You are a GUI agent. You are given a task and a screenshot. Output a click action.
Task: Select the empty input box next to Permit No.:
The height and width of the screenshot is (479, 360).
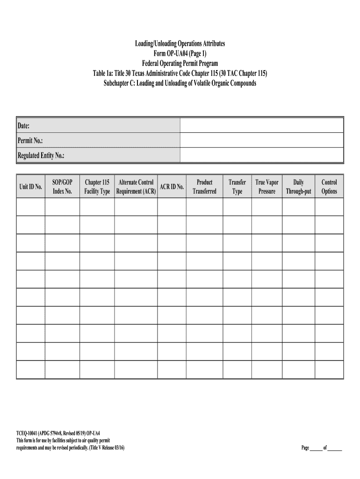pyautogui.click(x=261, y=140)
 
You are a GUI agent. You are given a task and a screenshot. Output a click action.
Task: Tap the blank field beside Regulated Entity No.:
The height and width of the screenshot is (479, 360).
pyautogui.click(x=261, y=155)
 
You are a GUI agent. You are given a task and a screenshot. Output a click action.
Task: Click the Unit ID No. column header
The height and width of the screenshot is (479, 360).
pyautogui.click(x=31, y=187)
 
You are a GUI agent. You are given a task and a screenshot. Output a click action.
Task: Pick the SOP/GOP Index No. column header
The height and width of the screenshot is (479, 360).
pyautogui.click(x=62, y=187)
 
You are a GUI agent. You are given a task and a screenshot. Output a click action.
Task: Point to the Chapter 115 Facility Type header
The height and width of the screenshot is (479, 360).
pyautogui.click(x=97, y=187)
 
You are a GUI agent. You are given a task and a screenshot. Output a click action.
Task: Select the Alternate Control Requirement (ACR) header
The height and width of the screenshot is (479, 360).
pyautogui.click(x=136, y=187)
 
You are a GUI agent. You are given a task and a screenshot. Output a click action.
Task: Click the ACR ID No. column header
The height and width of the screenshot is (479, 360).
pyautogui.click(x=172, y=187)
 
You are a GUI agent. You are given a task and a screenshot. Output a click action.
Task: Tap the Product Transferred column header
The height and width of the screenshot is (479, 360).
pyautogui.click(x=204, y=187)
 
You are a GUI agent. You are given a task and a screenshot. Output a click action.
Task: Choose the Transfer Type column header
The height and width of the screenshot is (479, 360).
pyautogui.click(x=237, y=187)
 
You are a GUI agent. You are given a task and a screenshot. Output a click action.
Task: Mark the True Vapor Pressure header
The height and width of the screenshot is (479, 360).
pyautogui.click(x=266, y=187)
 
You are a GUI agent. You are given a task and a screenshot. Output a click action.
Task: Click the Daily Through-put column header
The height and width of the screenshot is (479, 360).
pyautogui.click(x=298, y=187)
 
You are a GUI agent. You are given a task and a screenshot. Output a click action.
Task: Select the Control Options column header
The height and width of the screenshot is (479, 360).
pyautogui.click(x=329, y=187)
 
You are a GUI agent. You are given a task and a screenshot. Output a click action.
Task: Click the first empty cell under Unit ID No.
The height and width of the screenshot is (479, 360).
pyautogui.click(x=31, y=207)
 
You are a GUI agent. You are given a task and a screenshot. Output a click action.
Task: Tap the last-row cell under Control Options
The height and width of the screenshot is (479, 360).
pyautogui.click(x=329, y=370)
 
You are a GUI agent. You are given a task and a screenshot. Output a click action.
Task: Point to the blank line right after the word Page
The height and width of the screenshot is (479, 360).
pyautogui.click(x=317, y=448)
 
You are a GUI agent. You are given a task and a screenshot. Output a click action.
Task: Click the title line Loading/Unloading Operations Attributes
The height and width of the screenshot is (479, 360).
pyautogui.click(x=180, y=44)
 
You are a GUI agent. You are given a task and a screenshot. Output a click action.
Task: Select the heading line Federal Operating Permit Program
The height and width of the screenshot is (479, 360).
pyautogui.click(x=180, y=63)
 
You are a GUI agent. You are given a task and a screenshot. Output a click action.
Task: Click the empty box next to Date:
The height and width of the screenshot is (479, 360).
pyautogui.click(x=261, y=125)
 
